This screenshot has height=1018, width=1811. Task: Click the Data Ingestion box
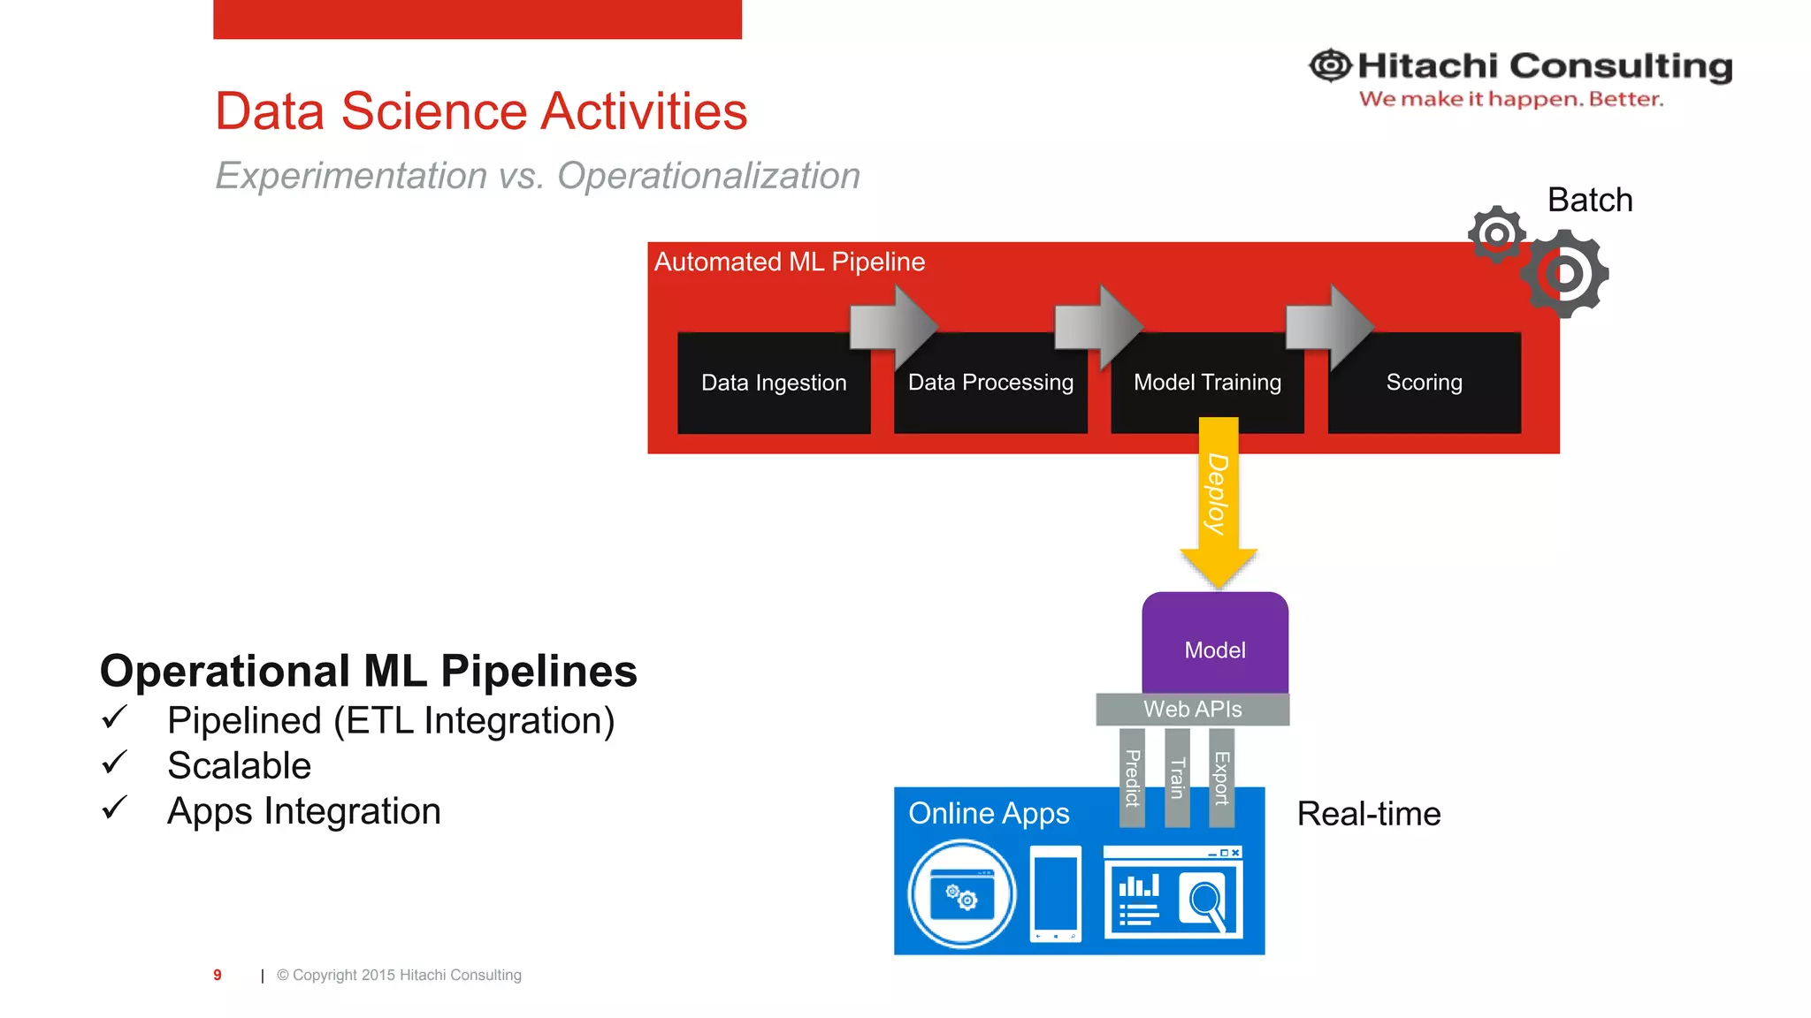pos(773,383)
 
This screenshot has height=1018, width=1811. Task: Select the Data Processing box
pos(990,383)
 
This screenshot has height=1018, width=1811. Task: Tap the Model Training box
pos(1207,383)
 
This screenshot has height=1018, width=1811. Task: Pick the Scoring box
pos(1424,383)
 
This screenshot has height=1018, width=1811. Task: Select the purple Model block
pos(1215,643)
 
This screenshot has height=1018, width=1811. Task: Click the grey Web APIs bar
pos(1192,710)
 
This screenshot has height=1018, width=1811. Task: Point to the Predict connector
pos(1132,778)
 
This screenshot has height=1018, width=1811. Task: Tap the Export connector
pos(1221,778)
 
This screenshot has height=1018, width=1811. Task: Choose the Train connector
pos(1177,778)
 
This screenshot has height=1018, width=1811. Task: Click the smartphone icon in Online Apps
pos(1056,893)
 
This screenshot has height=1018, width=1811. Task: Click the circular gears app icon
pos(962,894)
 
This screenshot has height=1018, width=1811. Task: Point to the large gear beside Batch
pos(1564,274)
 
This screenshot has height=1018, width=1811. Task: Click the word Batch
pos(1589,201)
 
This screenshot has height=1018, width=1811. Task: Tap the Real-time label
pos(1368,814)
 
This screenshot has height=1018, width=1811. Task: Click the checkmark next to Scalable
pos(115,763)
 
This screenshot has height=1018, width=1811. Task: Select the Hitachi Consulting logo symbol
pos(1330,65)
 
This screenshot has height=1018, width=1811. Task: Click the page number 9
pos(218,975)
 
